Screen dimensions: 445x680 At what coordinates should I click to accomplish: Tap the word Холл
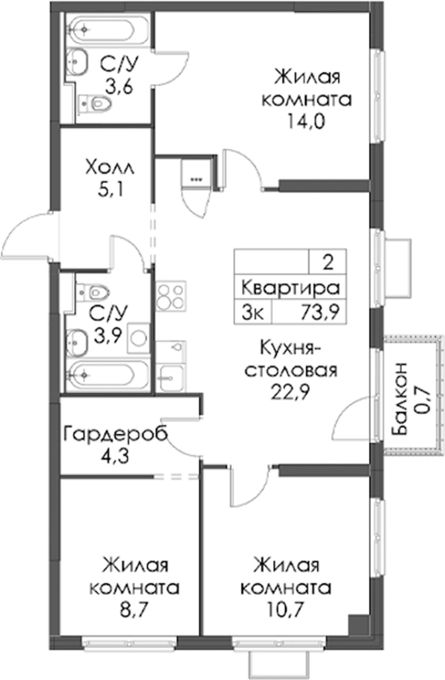[110, 168]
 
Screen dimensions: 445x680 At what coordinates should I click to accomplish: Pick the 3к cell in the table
[252, 312]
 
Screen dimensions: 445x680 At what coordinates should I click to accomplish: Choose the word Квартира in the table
[290, 288]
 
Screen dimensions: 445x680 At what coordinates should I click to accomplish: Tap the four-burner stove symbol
[171, 296]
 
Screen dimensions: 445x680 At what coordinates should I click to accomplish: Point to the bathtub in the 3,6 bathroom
[99, 29]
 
